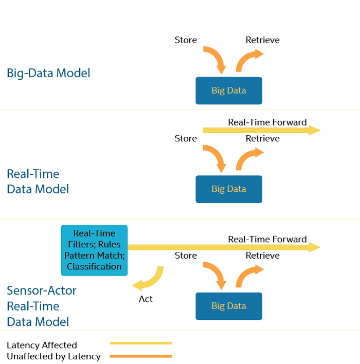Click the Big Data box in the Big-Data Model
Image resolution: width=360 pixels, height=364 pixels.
click(x=229, y=90)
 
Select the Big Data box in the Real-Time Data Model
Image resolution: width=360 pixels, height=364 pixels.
click(x=229, y=189)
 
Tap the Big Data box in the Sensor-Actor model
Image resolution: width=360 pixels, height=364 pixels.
click(x=229, y=306)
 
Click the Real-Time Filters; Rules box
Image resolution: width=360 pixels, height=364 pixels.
click(x=94, y=250)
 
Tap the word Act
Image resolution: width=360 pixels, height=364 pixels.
click(x=146, y=299)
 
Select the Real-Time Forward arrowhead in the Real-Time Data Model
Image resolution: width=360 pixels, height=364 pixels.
click(x=314, y=130)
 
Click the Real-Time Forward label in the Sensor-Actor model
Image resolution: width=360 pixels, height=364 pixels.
click(x=267, y=240)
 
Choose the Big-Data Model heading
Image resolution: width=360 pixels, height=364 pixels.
click(x=48, y=73)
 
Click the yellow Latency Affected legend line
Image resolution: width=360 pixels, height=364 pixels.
click(x=141, y=343)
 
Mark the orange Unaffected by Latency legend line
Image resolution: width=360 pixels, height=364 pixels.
click(x=141, y=356)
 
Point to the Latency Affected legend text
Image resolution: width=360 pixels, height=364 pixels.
click(x=42, y=345)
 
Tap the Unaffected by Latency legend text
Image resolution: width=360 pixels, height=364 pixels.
click(x=53, y=357)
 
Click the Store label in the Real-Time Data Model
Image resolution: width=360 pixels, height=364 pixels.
click(x=186, y=139)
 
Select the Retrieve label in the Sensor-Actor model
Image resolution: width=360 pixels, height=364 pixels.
click(x=262, y=256)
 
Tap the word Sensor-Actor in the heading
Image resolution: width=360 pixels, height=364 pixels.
click(x=42, y=290)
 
